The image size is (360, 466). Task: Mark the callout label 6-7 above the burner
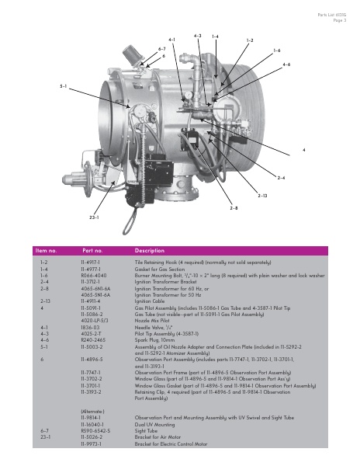[162, 48]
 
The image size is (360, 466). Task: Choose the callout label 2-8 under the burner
[234, 208]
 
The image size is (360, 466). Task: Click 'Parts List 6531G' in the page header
[331, 16]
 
